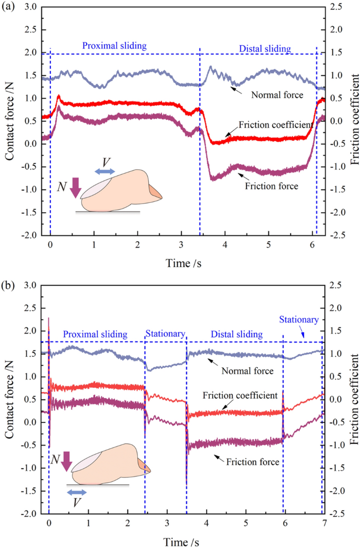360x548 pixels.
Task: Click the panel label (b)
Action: (x=9, y=281)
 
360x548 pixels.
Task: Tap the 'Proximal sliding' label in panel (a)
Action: (x=114, y=46)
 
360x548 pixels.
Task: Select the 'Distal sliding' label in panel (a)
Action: (x=265, y=49)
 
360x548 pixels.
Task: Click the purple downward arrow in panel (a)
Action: (x=76, y=187)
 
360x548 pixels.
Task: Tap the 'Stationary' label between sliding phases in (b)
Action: (x=166, y=334)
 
